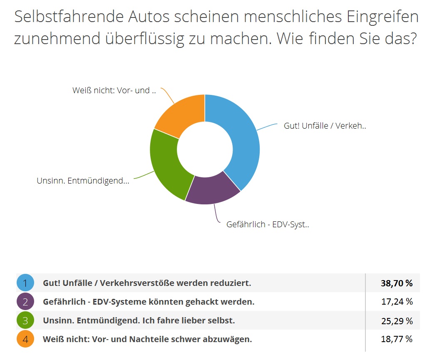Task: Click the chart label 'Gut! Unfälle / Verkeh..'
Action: click(x=325, y=125)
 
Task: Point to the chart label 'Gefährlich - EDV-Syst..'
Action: click(x=268, y=224)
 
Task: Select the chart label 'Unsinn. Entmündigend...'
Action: click(x=83, y=181)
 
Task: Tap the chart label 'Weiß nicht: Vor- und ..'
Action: click(x=114, y=90)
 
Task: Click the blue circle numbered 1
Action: click(x=25, y=283)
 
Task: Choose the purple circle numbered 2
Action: click(x=25, y=302)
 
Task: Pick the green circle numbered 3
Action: click(x=25, y=321)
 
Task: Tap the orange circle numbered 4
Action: click(x=25, y=340)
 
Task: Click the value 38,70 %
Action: click(x=397, y=283)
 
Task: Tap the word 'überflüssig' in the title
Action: click(x=140, y=39)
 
